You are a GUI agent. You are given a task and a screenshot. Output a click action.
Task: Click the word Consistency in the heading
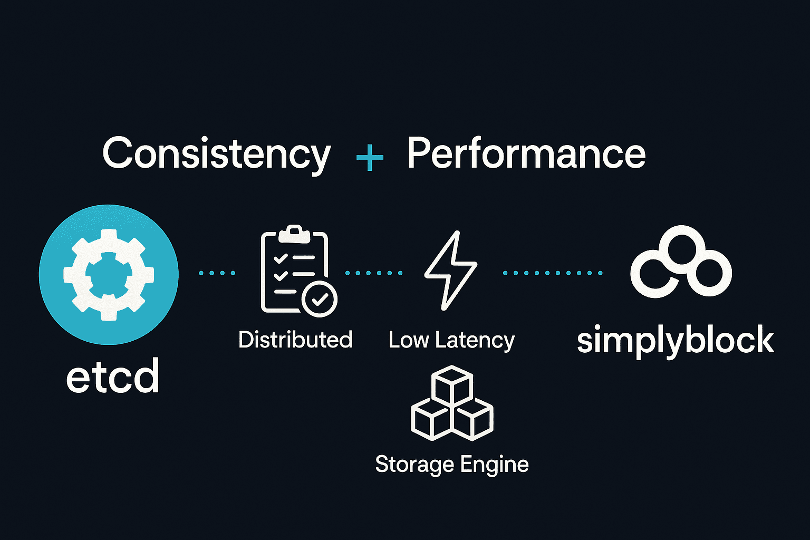point(216,154)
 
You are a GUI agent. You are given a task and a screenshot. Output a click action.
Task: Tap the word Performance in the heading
point(526,154)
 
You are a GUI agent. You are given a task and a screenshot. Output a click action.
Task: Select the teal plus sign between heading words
point(370,157)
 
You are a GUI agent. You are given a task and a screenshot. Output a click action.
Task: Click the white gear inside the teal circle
point(109,274)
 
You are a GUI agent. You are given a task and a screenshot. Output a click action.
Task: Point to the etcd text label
point(113,377)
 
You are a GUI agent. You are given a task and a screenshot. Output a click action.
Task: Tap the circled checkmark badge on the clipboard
point(320,299)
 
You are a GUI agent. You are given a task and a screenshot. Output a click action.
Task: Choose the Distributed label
point(295,340)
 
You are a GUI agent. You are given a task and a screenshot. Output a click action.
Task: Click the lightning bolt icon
point(450,270)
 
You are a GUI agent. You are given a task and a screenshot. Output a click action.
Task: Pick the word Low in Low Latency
point(409,340)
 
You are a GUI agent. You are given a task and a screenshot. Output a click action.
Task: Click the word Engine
point(494,465)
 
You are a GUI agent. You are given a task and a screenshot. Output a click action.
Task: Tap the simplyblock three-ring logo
point(681,262)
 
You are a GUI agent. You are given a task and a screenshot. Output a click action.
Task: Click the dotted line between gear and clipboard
point(217,273)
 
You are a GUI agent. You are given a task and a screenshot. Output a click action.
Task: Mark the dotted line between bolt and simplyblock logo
point(552,273)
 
